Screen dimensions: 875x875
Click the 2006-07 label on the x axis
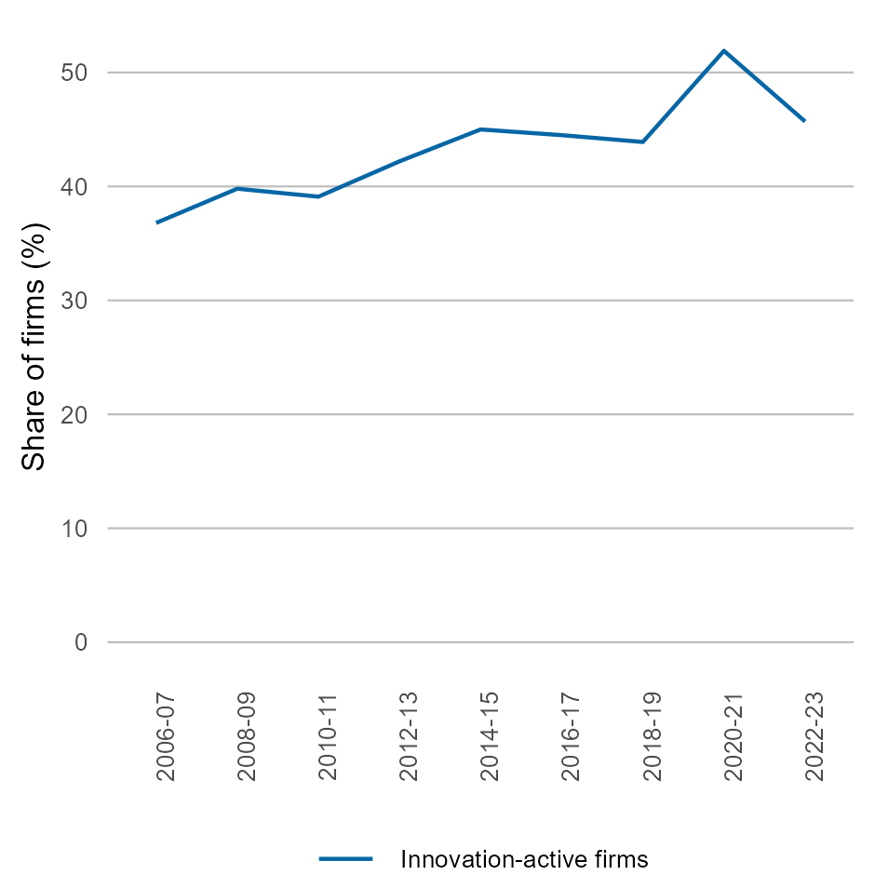(166, 736)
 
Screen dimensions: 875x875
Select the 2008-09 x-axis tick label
(247, 736)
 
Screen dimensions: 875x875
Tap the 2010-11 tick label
(328, 736)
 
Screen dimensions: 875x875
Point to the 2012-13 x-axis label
(409, 736)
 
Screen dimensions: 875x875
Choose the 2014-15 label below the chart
(490, 736)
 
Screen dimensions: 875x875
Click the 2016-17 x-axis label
(571, 736)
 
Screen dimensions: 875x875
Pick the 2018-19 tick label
(652, 736)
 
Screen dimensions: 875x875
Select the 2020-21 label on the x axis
(733, 736)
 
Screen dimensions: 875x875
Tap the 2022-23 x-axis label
(814, 736)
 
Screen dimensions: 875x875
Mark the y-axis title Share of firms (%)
(35, 346)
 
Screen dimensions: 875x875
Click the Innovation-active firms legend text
(524, 858)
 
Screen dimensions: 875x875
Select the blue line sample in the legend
(346, 858)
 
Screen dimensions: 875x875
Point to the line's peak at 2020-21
(724, 50)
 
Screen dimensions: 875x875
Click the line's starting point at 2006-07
(157, 222)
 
